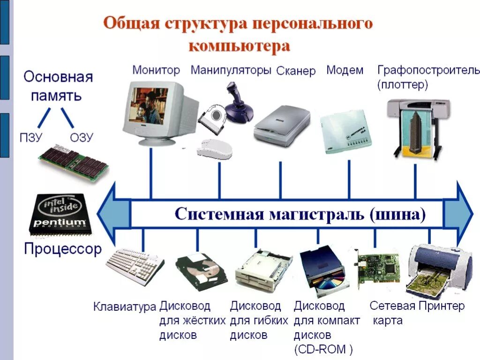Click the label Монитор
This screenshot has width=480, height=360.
point(156,70)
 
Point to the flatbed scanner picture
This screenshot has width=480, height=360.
point(282,125)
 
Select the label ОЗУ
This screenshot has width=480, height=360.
point(82,137)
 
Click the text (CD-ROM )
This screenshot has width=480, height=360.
point(323,349)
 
